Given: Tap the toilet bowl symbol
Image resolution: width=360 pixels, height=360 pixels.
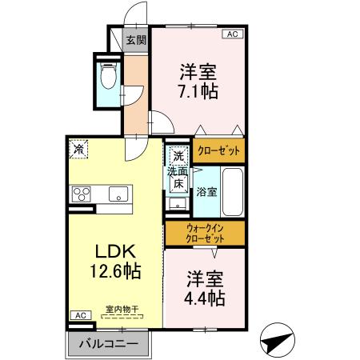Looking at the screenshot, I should (110, 78).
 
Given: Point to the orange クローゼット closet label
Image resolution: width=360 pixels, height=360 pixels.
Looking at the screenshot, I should (217, 150).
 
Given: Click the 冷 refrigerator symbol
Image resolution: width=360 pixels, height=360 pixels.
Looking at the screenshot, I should (79, 149).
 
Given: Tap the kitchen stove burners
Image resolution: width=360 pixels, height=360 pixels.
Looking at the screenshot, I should (82, 194).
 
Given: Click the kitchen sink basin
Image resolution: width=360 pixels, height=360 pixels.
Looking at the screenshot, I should (117, 194).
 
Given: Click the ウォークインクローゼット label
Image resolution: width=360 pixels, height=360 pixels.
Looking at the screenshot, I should (205, 234).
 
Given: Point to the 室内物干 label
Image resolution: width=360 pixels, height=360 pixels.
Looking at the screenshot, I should (120, 309).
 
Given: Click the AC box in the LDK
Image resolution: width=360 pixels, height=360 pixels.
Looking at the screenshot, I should (80, 316).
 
